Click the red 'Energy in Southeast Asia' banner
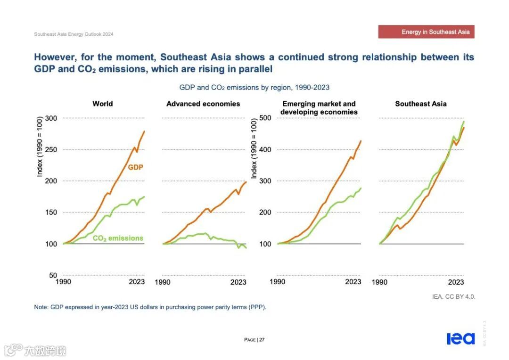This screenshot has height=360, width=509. click(x=426, y=32)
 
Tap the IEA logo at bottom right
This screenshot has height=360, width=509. click(x=461, y=339)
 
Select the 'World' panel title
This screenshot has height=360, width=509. click(x=103, y=104)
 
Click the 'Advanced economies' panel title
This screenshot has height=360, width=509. click(x=203, y=104)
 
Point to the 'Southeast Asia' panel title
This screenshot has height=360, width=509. click(x=421, y=104)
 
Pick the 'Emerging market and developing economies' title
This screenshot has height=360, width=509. click(x=319, y=108)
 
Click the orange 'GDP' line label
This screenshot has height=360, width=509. click(x=135, y=167)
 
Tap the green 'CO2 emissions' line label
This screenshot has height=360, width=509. click(x=118, y=238)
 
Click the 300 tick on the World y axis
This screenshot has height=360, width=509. click(x=50, y=118)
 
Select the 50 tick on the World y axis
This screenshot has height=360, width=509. click(x=52, y=275)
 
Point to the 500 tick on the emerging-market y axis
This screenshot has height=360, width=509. click(x=265, y=118)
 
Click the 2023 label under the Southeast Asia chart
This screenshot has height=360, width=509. click(x=456, y=282)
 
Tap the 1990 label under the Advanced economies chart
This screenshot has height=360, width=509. click(x=163, y=282)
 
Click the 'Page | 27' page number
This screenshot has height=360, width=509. click(x=254, y=340)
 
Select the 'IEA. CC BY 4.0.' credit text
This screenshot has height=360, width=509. click(x=453, y=297)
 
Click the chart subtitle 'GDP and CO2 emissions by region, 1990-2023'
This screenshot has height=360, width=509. click(x=254, y=87)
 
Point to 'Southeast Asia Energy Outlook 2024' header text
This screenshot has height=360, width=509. click(x=74, y=34)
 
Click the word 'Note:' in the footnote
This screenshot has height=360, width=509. click(x=41, y=307)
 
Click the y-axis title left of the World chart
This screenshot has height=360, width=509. click(x=40, y=148)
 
